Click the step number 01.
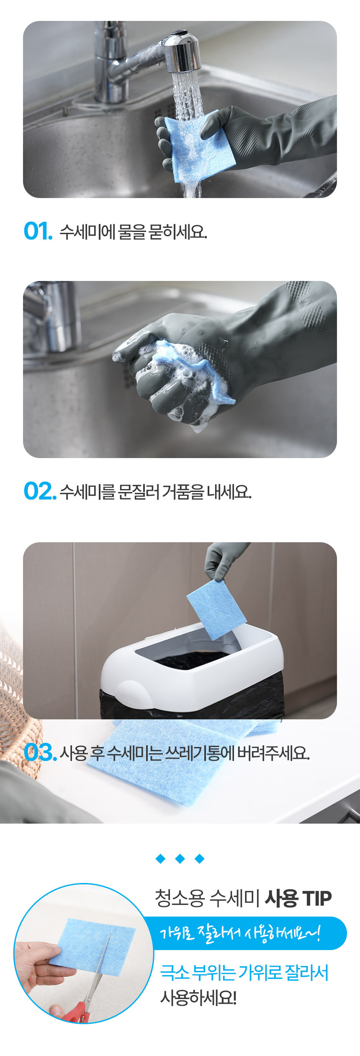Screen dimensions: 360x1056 coord(38,231)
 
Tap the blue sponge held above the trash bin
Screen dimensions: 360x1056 coord(216,609)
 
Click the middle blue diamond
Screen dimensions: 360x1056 coord(180,859)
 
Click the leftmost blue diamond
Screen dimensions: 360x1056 coord(160,859)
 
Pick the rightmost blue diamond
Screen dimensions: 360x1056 coord(200,859)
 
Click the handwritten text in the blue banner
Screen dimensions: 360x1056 coord(240,933)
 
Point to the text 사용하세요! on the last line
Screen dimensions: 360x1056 coord(198,999)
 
